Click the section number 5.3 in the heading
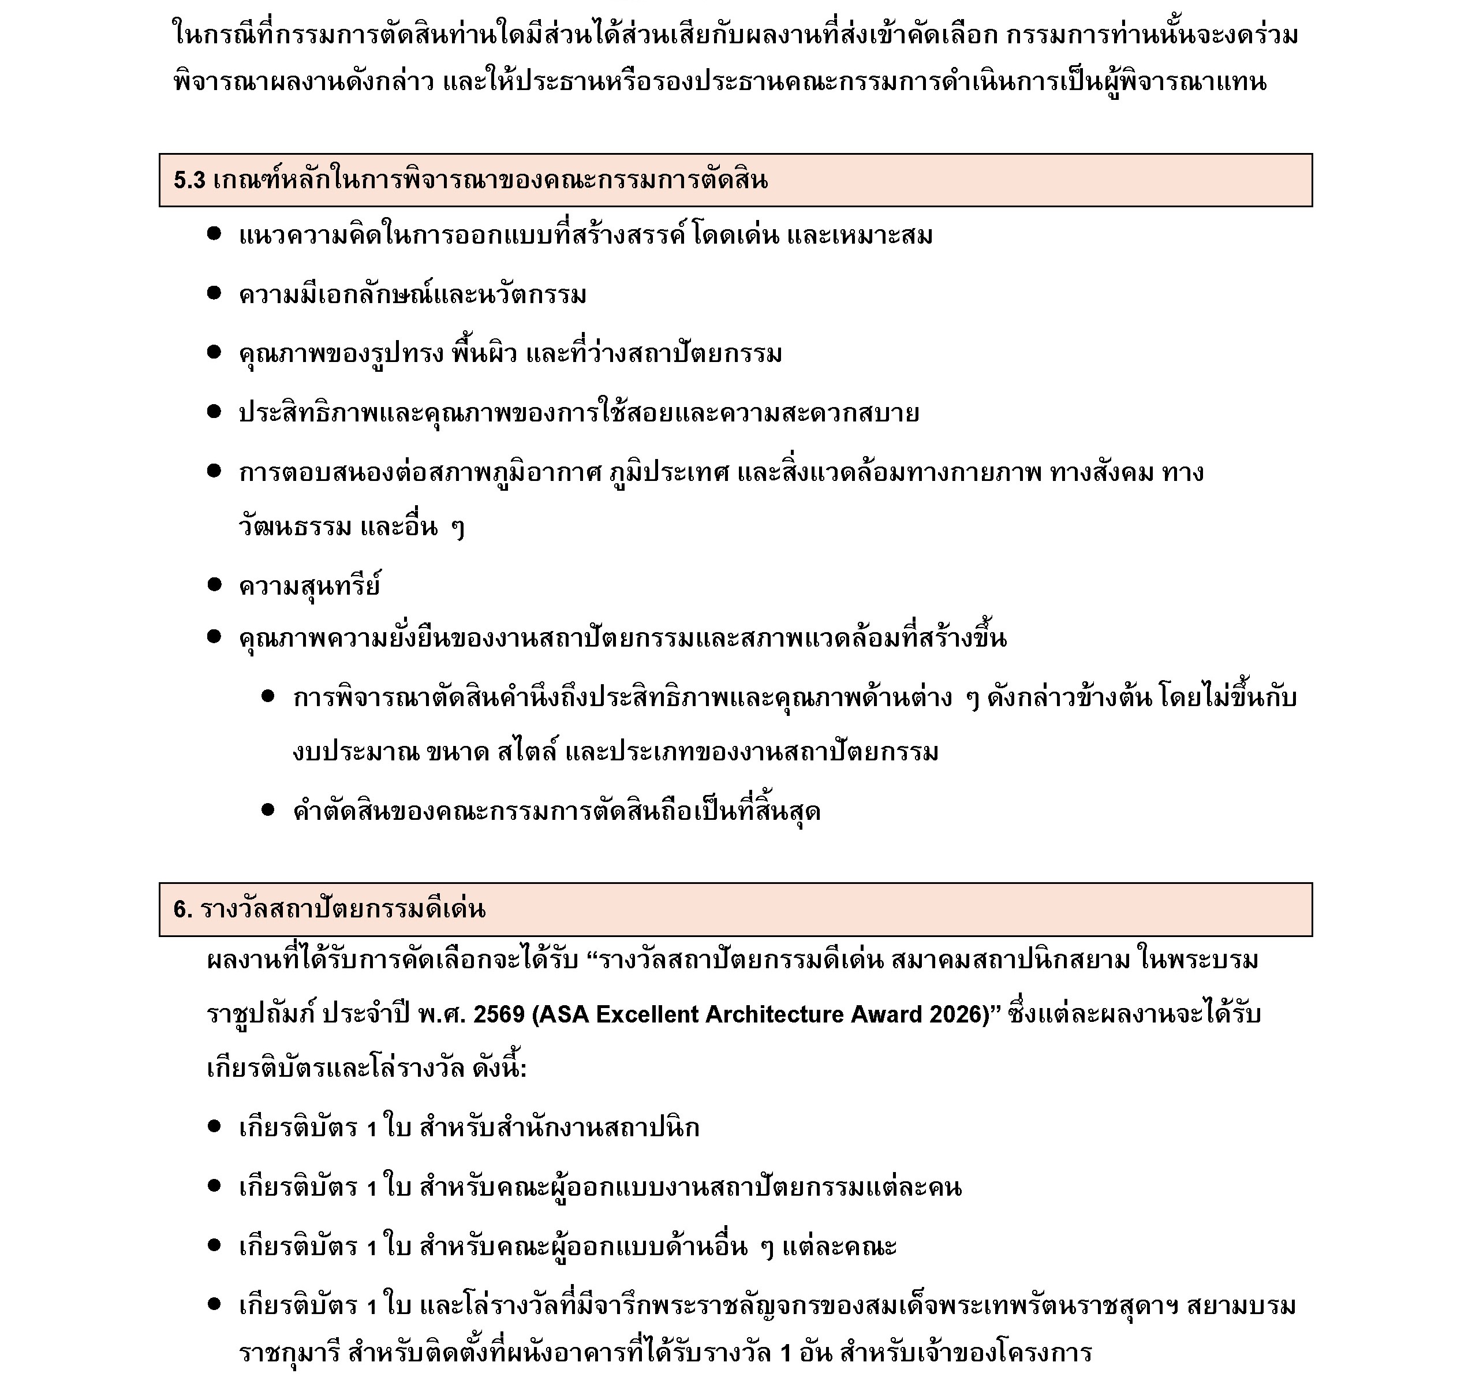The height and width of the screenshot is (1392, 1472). [189, 180]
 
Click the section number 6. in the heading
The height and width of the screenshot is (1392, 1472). [182, 910]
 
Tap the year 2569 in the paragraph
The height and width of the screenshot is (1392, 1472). [499, 1014]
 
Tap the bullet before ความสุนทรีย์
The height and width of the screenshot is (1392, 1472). [214, 585]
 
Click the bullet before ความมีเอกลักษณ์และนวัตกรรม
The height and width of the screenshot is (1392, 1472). [214, 294]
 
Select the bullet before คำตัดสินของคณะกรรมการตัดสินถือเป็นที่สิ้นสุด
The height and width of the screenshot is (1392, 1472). [268, 809]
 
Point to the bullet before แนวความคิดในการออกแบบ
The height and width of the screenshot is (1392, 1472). [214, 234]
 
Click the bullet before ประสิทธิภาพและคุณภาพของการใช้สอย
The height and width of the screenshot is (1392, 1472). [214, 412]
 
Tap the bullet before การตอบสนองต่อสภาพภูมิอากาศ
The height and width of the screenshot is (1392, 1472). [214, 471]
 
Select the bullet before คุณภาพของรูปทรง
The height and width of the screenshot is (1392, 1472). [214, 352]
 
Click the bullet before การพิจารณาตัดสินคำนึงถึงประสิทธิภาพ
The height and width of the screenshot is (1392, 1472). [268, 697]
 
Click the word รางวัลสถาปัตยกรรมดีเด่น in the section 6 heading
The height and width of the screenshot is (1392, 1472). [343, 910]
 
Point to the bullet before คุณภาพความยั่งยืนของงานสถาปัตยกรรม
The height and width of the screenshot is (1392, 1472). [214, 637]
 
